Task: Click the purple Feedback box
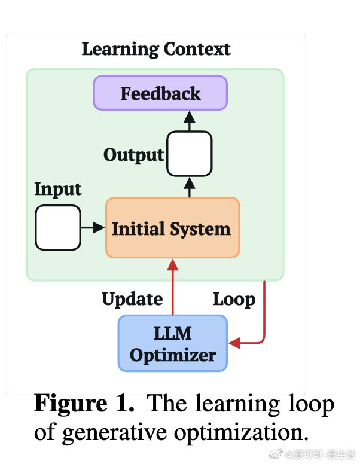tap(160, 93)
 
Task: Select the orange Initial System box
tap(172, 228)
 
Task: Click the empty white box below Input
tap(57, 227)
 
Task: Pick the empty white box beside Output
tap(189, 154)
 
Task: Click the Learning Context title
tap(155, 48)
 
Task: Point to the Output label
tap(133, 155)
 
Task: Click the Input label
tap(57, 189)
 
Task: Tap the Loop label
tap(234, 298)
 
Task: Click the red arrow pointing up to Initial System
tap(173, 287)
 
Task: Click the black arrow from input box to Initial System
tap(93, 227)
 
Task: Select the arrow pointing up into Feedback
tap(189, 120)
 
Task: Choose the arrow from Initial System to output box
tap(189, 188)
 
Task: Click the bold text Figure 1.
tap(84, 404)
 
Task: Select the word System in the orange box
tap(200, 228)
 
